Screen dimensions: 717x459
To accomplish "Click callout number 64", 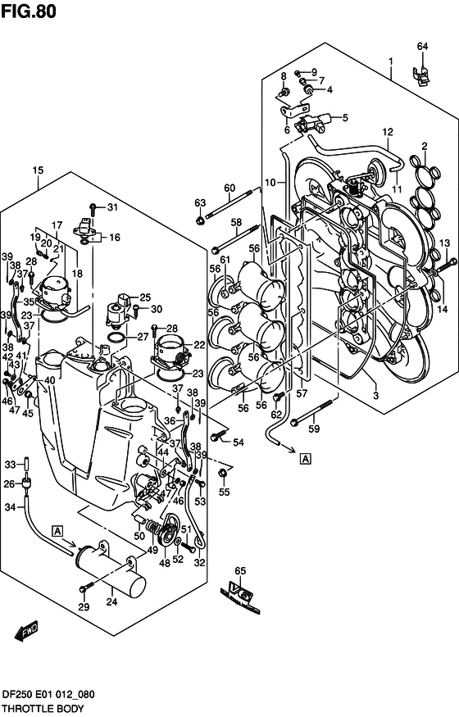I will coord(422,46).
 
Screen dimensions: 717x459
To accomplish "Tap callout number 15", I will coord(38,170).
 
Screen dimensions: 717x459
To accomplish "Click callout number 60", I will coord(229,187).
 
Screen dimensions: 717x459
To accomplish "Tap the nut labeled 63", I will coord(201,220).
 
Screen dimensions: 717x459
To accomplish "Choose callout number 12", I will coord(388,131).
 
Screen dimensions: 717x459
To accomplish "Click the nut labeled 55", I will coord(222,474).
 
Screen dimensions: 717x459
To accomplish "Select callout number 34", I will coord(10,507).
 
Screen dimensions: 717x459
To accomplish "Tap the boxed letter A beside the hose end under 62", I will coord(305,458).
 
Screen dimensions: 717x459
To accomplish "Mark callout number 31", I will coord(112,206).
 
